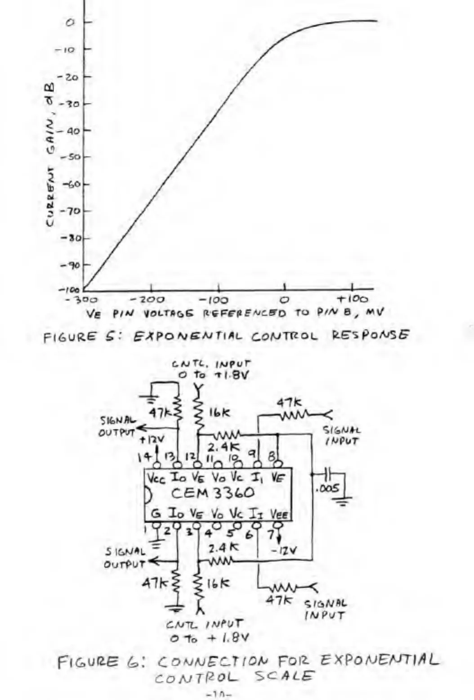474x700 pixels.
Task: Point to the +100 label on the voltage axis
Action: pos(353,299)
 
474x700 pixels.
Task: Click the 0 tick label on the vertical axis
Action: pos(70,22)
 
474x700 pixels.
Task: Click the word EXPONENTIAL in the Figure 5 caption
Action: pos(188,336)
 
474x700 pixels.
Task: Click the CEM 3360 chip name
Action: pos(212,493)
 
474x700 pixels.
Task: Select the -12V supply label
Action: pos(284,550)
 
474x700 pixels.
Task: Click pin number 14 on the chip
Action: pos(145,457)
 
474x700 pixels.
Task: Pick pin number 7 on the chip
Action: pos(271,534)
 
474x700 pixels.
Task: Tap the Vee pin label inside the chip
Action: pos(279,514)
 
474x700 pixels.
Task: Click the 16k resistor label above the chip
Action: pos(219,413)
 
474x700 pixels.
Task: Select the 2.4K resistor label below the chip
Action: pos(223,548)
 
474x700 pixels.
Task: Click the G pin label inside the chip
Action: pos(156,513)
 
